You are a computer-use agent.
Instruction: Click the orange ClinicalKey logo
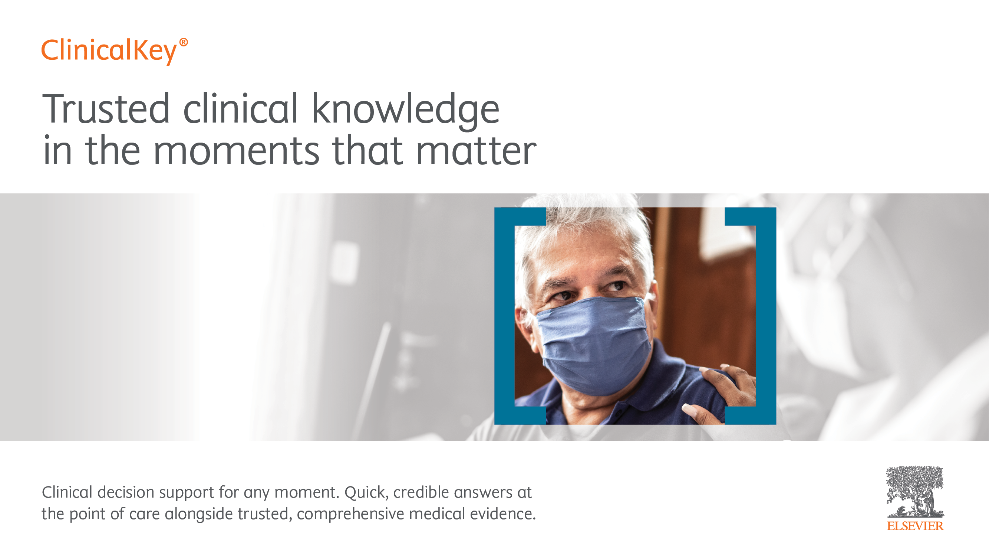pos(115,51)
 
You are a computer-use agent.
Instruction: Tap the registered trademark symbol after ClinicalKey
pos(184,42)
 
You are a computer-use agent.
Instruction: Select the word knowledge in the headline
pos(405,111)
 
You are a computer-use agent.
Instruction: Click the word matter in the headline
pos(476,150)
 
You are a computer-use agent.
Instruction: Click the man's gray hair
pos(584,227)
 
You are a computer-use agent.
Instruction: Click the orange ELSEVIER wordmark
pos(915,526)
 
